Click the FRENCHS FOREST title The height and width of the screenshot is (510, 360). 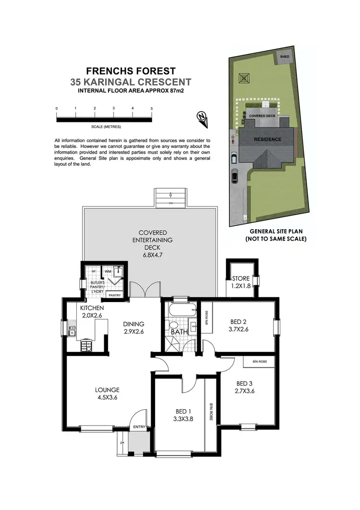tap(131, 72)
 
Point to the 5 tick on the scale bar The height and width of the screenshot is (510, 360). tap(152, 109)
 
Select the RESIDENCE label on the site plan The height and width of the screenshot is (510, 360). tap(267, 140)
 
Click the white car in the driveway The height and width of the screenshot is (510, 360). tap(234, 158)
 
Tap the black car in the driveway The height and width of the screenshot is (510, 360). tap(234, 177)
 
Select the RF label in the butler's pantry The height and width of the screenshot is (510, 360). tap(94, 271)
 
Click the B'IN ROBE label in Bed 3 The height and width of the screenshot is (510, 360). tap(258, 362)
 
